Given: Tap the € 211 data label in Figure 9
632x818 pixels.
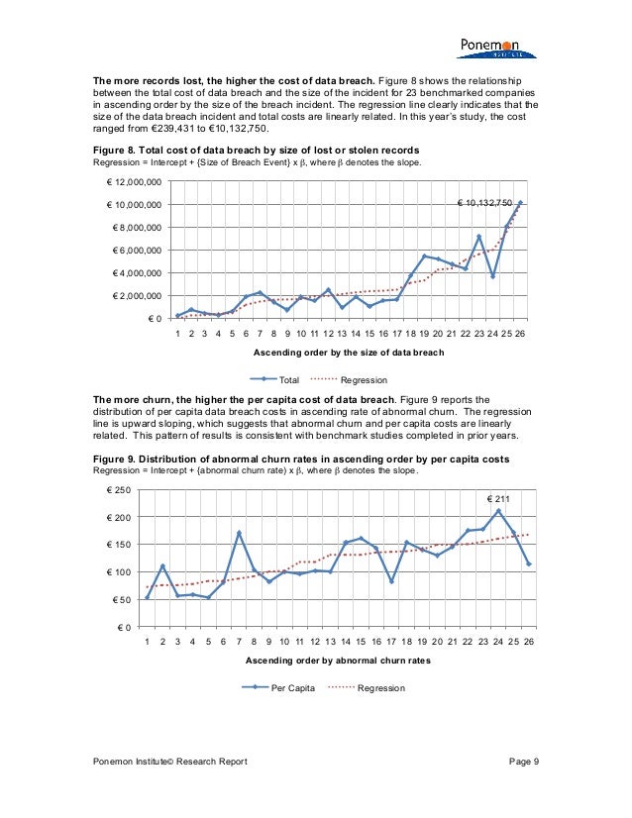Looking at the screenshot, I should [x=499, y=498].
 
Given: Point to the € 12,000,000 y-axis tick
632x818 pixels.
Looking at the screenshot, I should [x=135, y=182].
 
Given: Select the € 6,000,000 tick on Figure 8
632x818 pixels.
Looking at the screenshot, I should [x=138, y=251].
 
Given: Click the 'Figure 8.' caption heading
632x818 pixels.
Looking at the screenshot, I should [x=117, y=151].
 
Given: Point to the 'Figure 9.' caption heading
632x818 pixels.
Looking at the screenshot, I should [x=117, y=459].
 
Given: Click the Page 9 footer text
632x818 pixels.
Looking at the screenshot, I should [x=522, y=761].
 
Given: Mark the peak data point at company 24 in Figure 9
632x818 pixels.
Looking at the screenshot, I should [x=498, y=511].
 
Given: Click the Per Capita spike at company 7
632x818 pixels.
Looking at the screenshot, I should [x=239, y=533].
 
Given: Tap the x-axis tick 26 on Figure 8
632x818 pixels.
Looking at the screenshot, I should [x=520, y=335].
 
